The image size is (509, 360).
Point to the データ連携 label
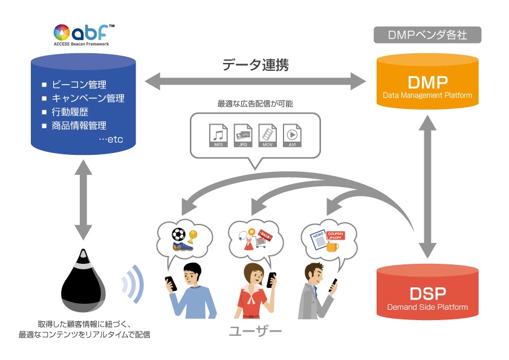(x=255, y=65)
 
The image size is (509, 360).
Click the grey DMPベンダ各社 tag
(x=427, y=35)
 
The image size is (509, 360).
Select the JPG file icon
(x=242, y=135)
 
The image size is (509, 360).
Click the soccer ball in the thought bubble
(x=179, y=234)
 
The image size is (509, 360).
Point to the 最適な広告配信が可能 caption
(x=255, y=104)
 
